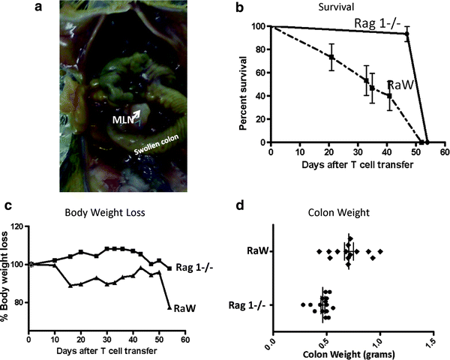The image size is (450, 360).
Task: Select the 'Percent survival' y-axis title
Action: click(244, 83)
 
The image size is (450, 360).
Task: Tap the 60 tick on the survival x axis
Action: click(444, 151)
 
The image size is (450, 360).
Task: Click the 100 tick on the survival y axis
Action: click(259, 27)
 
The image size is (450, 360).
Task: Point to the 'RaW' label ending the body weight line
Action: click(184, 307)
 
